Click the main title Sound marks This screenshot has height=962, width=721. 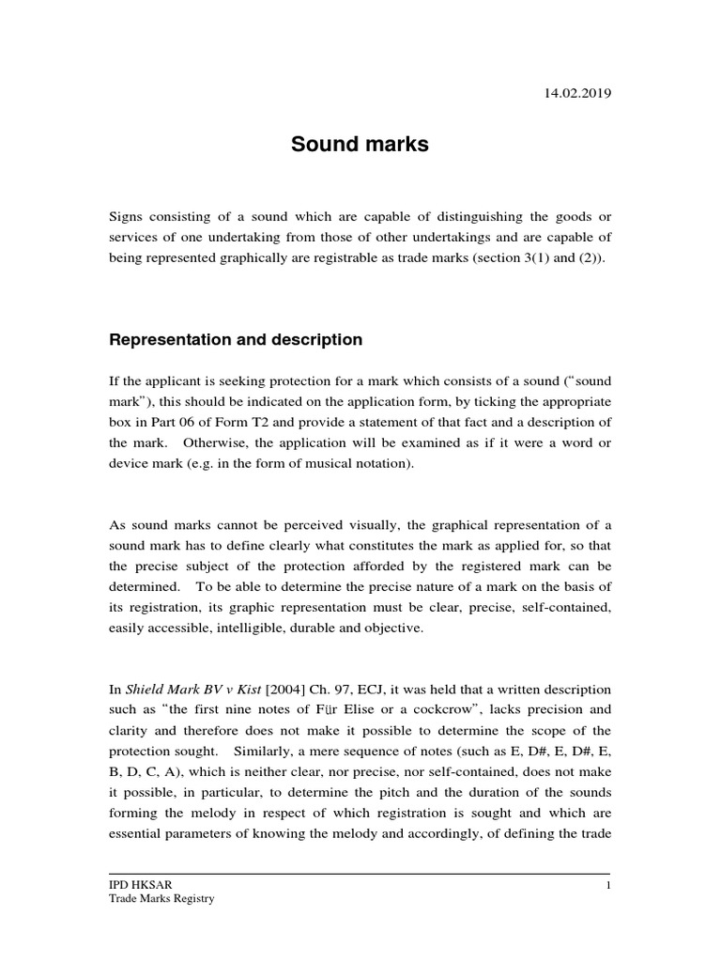pos(360,145)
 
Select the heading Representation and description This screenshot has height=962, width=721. pos(236,339)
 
